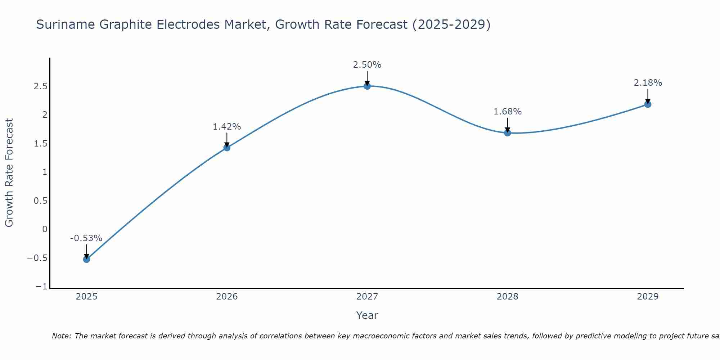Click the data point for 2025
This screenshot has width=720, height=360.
click(86, 259)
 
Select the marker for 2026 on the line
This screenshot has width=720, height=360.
click(227, 148)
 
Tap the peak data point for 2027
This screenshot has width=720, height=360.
click(367, 86)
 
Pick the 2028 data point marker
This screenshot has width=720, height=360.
click(508, 133)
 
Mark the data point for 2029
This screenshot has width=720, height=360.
click(648, 104)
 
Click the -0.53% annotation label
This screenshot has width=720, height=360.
click(86, 238)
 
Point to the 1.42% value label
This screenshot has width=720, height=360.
click(226, 127)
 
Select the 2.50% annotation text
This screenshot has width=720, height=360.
click(367, 65)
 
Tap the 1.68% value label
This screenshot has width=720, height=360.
click(507, 112)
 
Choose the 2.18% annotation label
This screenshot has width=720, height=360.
click(648, 83)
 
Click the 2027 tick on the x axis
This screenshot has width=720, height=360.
click(367, 297)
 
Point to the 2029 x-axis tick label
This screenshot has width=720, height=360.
click(648, 297)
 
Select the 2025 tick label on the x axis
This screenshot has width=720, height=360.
click(87, 297)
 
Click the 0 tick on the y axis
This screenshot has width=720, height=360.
click(45, 229)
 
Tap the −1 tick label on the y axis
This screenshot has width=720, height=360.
click(41, 287)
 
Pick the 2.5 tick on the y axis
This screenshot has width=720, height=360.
click(41, 86)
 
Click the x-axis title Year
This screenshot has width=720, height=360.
click(367, 316)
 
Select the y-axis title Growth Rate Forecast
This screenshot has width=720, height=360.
click(9, 173)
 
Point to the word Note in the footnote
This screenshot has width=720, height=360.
click(62, 336)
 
